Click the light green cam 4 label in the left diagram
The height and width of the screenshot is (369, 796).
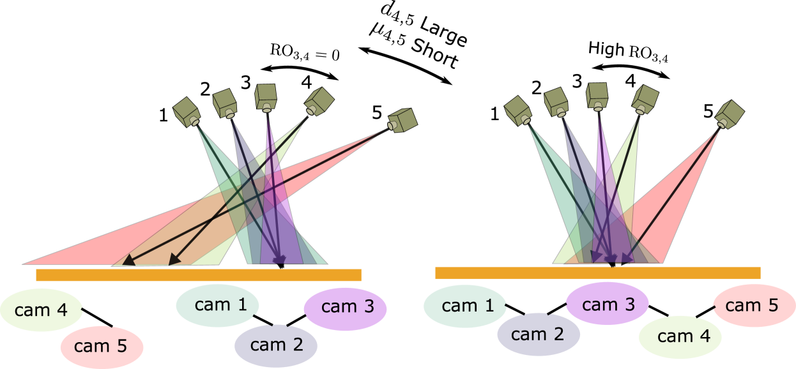41,310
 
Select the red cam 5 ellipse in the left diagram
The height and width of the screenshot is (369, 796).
102,347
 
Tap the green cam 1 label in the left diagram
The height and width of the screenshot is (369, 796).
217,305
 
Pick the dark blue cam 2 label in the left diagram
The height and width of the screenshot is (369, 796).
276,345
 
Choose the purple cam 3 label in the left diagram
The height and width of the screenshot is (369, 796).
345,307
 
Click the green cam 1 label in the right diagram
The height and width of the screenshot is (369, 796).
464,306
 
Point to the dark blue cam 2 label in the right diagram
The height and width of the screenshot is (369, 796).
538,334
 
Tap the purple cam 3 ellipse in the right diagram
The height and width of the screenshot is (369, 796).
607,305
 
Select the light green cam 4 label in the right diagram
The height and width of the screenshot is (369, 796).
680,336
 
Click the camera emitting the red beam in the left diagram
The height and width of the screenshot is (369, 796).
402,120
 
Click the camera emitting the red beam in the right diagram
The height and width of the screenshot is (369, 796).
729,114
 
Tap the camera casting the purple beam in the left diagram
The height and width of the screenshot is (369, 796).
266,97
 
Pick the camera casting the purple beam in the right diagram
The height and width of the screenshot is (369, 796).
597,96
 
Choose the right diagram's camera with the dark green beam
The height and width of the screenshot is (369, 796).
518,110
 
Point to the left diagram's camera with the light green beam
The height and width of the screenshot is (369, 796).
319,101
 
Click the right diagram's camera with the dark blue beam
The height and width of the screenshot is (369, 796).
556,102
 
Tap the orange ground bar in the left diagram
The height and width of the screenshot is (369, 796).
198,275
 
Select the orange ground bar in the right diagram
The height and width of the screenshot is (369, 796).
597,273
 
